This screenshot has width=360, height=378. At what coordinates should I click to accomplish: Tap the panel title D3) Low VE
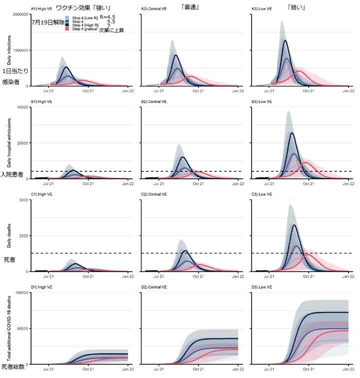261,286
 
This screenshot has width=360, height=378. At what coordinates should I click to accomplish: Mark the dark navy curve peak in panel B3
291,133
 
